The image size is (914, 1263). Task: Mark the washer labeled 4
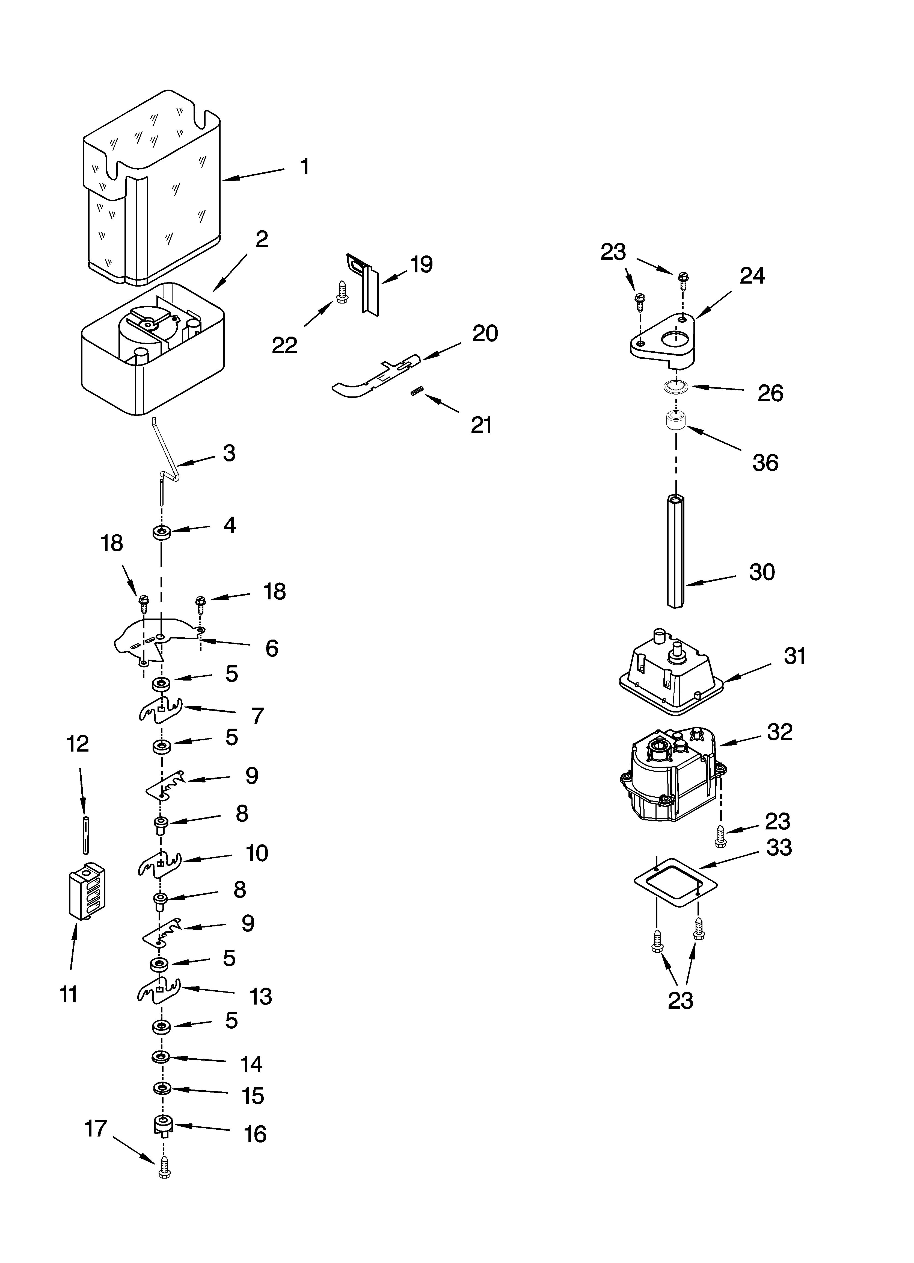(x=161, y=532)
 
